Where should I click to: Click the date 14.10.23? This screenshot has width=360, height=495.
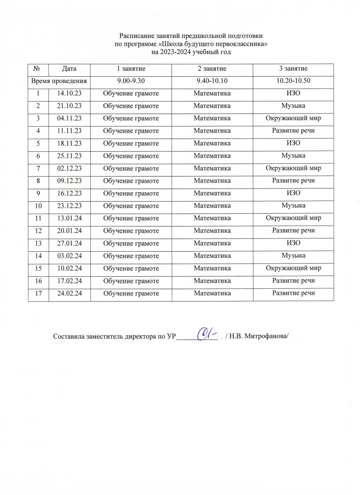coord(70,93)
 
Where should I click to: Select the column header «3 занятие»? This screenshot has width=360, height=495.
coord(293,68)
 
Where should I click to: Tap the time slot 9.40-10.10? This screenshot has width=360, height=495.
coord(212,81)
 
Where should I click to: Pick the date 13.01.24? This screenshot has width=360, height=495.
coord(70,218)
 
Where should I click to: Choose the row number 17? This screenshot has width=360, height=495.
coord(38,293)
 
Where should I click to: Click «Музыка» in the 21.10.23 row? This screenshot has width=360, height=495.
coord(293,106)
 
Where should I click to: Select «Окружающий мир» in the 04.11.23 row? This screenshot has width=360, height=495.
coord(293,118)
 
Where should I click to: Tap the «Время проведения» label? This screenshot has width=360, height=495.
coord(59,81)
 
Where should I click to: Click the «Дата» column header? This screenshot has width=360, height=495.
coord(70,68)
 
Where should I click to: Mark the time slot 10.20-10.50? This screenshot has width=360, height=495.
coord(293,81)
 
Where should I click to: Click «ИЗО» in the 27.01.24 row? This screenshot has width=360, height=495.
coord(293,243)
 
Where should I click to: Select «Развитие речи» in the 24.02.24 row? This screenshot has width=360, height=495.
coord(293,293)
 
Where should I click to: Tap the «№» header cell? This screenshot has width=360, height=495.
coord(38,68)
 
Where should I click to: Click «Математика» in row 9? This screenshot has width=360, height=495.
coord(212,193)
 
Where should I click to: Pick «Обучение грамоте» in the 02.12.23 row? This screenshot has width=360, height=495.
coord(131,168)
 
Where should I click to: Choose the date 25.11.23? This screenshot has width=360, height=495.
coord(70,156)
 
